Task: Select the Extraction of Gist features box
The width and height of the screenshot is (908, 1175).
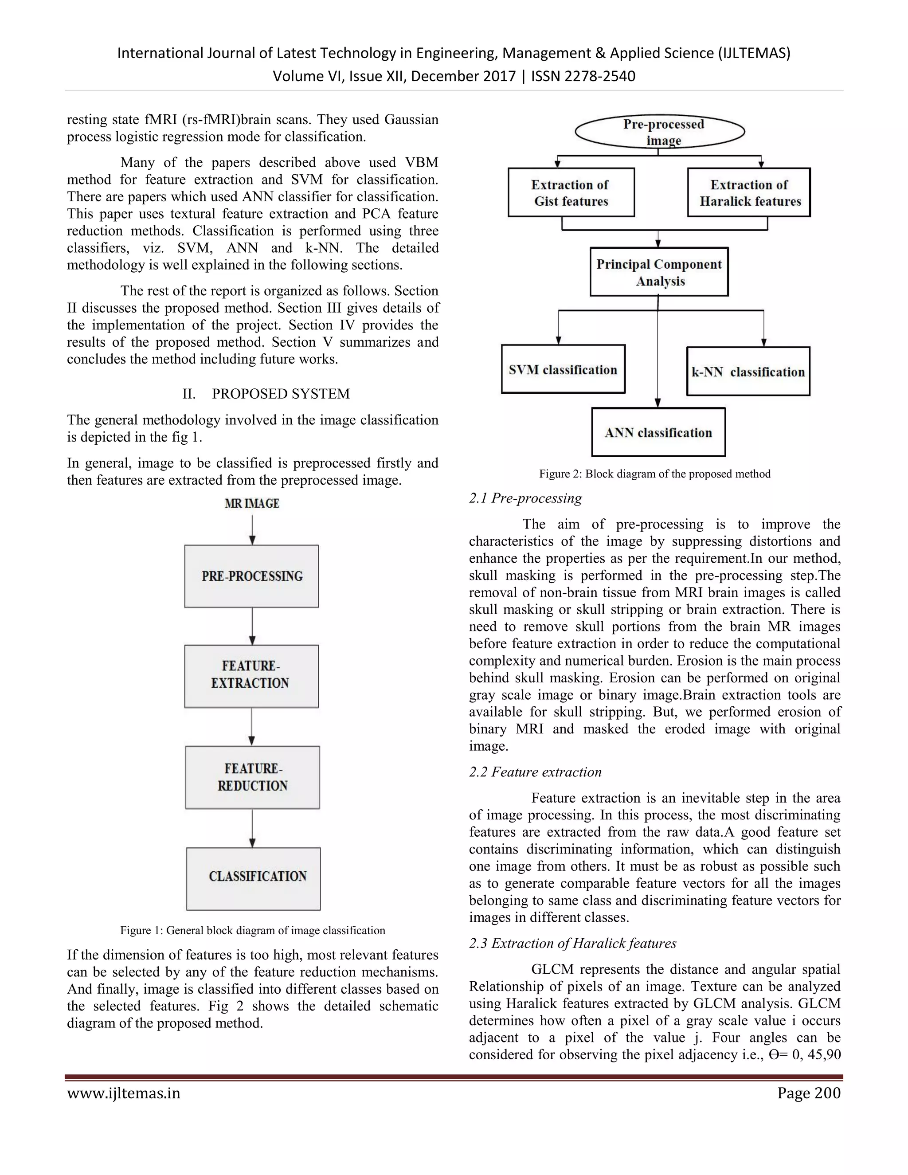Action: pos(571,192)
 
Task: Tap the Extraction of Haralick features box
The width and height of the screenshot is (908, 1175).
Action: pos(749,192)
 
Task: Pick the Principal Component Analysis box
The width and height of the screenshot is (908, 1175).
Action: pos(659,272)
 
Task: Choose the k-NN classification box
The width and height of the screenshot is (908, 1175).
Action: pos(748,372)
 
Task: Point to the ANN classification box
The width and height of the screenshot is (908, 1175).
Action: pos(658,433)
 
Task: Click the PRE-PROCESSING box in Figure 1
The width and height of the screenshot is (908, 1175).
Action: pos(252,576)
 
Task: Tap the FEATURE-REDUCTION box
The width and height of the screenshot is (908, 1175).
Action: pos(252,777)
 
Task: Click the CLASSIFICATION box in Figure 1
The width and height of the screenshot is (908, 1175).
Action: pos(253,878)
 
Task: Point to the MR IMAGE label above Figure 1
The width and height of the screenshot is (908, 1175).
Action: pos(252,504)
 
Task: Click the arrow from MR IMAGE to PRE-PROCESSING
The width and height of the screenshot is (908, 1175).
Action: pos(252,529)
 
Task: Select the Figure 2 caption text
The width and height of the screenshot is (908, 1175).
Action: pos(655,474)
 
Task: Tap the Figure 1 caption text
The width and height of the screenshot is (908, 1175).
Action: pos(252,930)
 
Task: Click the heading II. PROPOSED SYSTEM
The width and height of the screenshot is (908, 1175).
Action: pos(266,394)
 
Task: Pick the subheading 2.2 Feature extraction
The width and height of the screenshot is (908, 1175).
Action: pos(535,772)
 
